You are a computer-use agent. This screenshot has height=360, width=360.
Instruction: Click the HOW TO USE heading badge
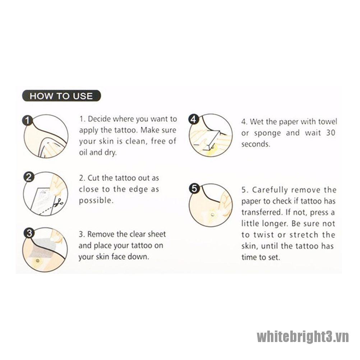[61, 96]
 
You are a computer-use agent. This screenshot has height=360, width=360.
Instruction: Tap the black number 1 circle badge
[28, 120]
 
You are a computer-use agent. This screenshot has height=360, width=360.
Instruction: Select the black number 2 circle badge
[29, 177]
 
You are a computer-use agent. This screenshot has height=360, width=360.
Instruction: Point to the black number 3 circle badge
[29, 233]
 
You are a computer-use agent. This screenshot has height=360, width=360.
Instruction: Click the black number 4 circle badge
[194, 119]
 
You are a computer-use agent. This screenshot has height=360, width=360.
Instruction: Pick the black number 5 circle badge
[194, 189]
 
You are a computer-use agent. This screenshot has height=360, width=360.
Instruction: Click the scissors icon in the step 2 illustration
[59, 203]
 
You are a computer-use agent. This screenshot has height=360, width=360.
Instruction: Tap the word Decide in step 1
[100, 119]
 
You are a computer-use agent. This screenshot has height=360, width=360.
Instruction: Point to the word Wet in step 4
[256, 121]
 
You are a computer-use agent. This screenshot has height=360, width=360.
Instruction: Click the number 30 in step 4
[331, 133]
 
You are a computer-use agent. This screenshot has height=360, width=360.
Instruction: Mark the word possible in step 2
[96, 201]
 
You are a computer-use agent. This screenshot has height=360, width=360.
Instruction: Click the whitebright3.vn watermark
[303, 337]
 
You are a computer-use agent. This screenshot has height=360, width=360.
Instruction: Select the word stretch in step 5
[304, 235]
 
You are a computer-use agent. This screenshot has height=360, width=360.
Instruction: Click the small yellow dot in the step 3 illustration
[37, 261]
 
